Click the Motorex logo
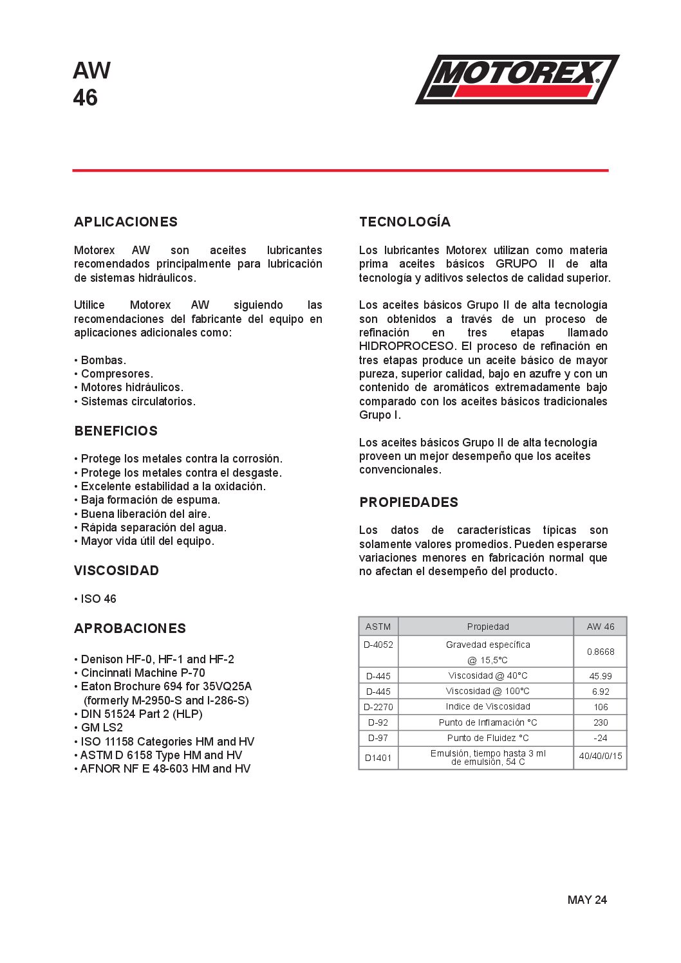click(x=517, y=79)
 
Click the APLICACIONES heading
click(x=126, y=222)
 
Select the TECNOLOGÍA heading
click(x=405, y=222)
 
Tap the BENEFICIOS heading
click(x=116, y=431)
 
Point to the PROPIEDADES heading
click(x=409, y=502)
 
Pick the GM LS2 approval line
click(x=102, y=728)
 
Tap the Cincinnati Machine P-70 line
click(x=143, y=673)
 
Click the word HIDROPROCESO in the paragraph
click(x=407, y=346)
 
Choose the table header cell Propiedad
click(x=488, y=627)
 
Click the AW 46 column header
click(x=601, y=627)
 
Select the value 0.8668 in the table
click(x=601, y=652)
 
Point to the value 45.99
click(x=601, y=676)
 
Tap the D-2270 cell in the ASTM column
click(x=378, y=707)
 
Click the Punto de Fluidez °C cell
click(x=488, y=738)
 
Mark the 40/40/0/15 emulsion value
click(x=601, y=757)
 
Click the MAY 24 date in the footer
click(x=587, y=900)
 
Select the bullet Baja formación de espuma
click(x=151, y=500)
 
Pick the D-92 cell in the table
click(x=378, y=722)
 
